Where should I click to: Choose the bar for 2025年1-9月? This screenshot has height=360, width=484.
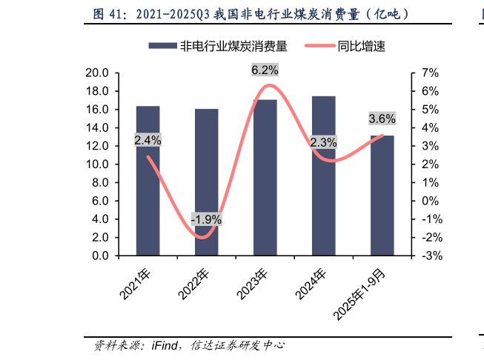point(382,196)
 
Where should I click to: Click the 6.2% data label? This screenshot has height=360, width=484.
point(265,70)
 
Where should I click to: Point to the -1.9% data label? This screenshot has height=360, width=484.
point(206,219)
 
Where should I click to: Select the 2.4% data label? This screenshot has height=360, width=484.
point(147,140)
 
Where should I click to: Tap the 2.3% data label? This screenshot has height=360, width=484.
point(323,142)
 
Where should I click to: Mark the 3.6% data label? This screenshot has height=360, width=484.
point(382,119)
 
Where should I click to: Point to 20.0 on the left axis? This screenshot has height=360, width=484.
point(98,73)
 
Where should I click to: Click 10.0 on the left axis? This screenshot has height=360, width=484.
point(98,164)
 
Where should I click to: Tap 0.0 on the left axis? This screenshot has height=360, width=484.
point(101,256)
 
